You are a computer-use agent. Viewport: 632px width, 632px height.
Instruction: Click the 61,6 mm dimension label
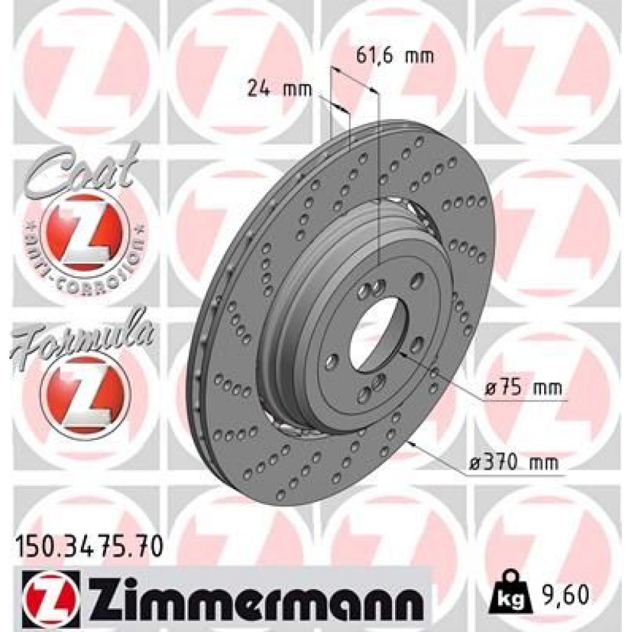coord(394,56)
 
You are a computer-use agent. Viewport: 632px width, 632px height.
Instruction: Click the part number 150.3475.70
coord(88,543)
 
